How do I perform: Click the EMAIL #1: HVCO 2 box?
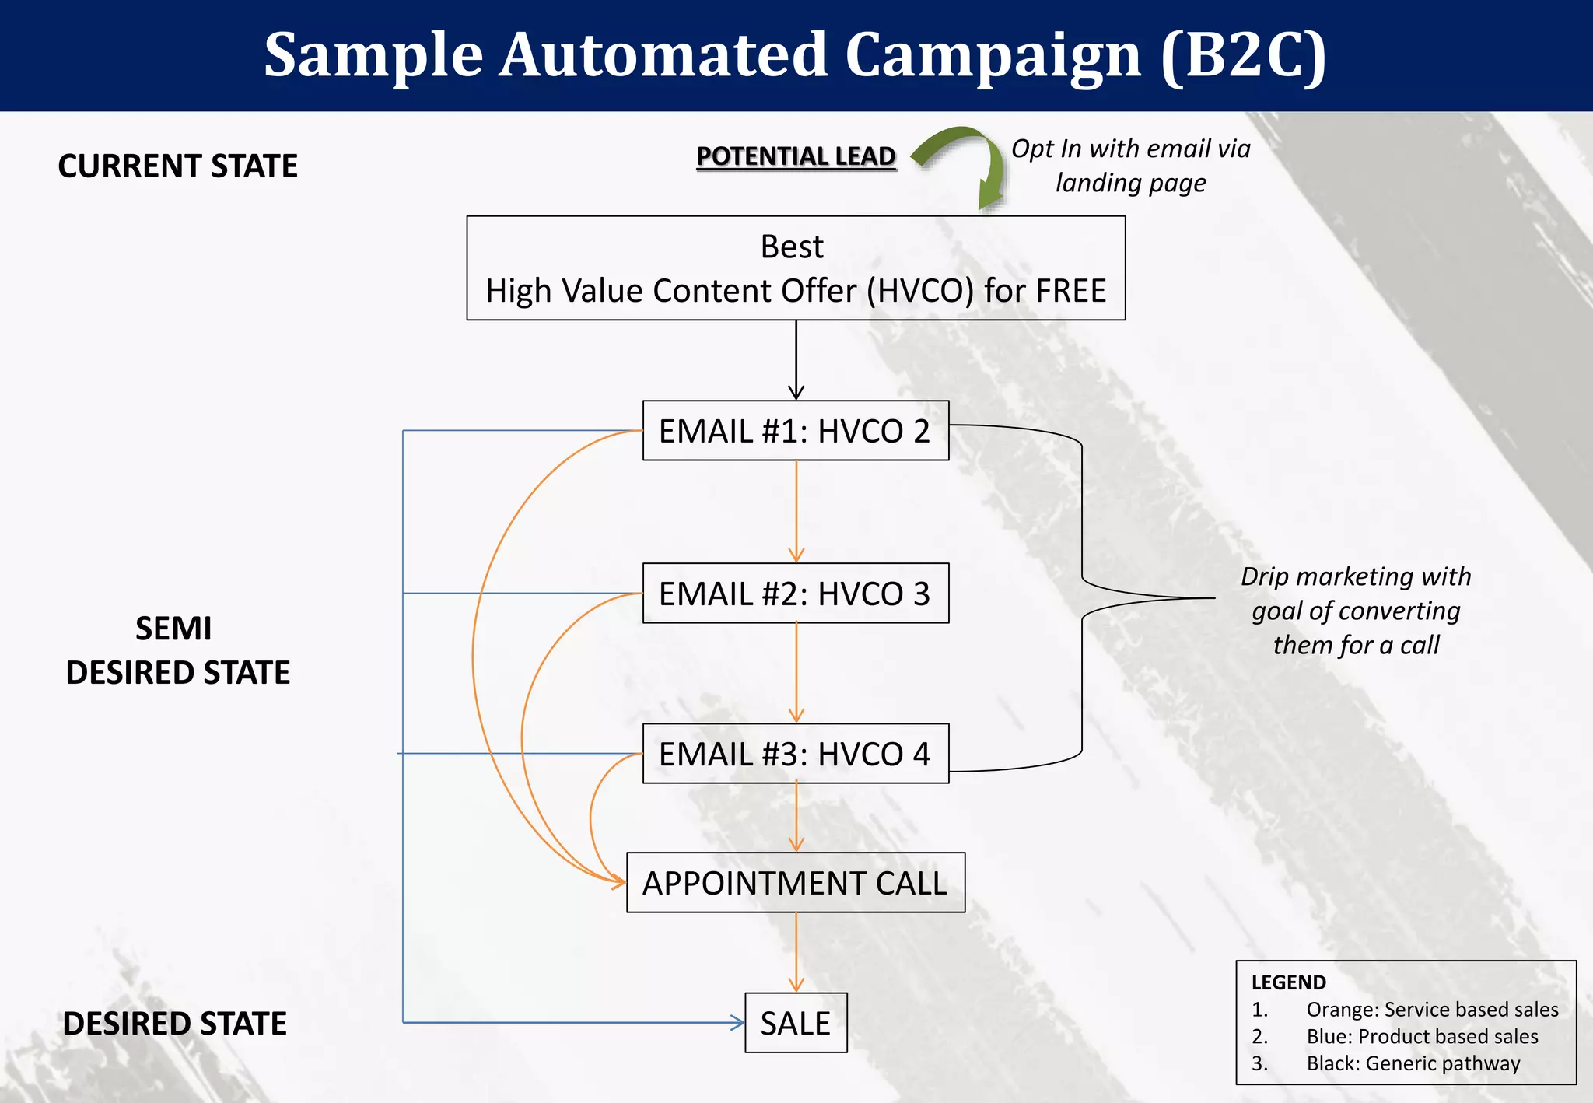[795, 431]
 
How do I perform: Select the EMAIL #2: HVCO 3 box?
[795, 594]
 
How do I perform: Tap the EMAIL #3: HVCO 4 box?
[795, 754]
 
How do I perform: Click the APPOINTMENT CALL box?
[795, 883]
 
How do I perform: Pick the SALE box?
[795, 1023]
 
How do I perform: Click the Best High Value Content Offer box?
[795, 268]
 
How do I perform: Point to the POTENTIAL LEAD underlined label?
[796, 156]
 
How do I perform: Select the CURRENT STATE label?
[177, 166]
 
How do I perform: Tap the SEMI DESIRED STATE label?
[177, 650]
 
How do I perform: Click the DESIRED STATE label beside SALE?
[175, 1024]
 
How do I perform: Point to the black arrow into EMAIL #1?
[796, 362]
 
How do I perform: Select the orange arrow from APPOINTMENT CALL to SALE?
[796, 953]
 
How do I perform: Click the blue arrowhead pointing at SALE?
[737, 1023]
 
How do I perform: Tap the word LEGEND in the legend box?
[1288, 982]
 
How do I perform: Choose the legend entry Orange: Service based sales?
[1431, 1010]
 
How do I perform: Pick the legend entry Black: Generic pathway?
[1413, 1063]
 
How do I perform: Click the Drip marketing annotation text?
[1356, 611]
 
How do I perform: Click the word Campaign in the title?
[993, 55]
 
